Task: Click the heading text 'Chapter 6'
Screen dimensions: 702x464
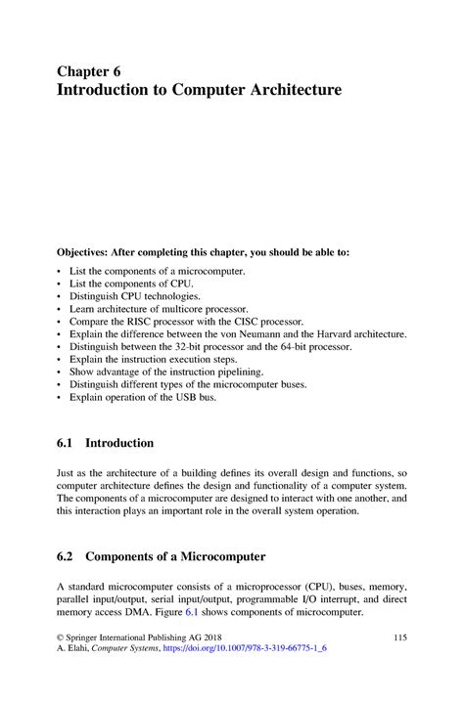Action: click(x=89, y=71)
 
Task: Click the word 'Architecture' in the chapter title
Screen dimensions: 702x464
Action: click(x=291, y=91)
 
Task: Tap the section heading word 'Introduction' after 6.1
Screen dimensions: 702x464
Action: click(x=119, y=443)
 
